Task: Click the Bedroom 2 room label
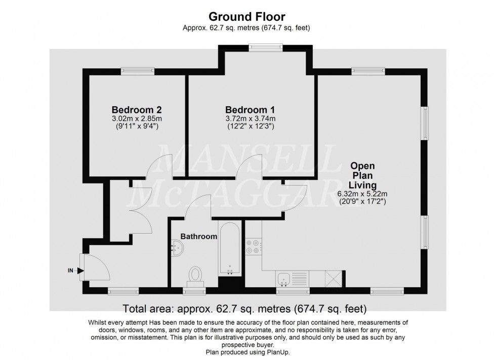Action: click(137, 110)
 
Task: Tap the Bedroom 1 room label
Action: click(250, 110)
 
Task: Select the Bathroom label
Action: click(199, 236)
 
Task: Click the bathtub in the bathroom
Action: click(231, 248)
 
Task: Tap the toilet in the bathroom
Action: click(194, 275)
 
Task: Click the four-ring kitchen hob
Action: click(253, 246)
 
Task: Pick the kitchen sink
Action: click(284, 278)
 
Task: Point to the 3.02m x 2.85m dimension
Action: click(136, 119)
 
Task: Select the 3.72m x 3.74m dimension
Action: click(250, 119)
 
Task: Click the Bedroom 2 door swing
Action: click(158, 167)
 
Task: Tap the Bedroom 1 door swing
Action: click(250, 167)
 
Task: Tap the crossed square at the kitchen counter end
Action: click(334, 279)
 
